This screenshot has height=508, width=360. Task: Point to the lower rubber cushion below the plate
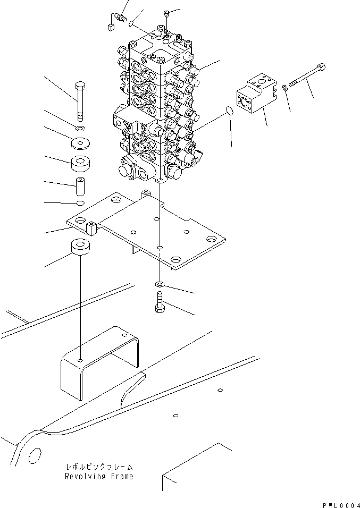tap(80, 249)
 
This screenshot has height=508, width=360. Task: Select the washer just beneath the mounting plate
tap(161, 285)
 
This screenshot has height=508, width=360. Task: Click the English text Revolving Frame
tap(99, 476)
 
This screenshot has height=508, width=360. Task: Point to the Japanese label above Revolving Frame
tap(99, 467)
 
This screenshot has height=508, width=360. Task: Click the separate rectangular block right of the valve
tap(256, 96)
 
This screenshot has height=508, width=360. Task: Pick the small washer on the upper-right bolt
tap(286, 87)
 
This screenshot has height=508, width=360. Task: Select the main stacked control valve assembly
tap(157, 112)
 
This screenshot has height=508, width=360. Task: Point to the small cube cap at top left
tap(111, 25)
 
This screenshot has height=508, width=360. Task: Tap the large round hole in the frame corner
tap(34, 455)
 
